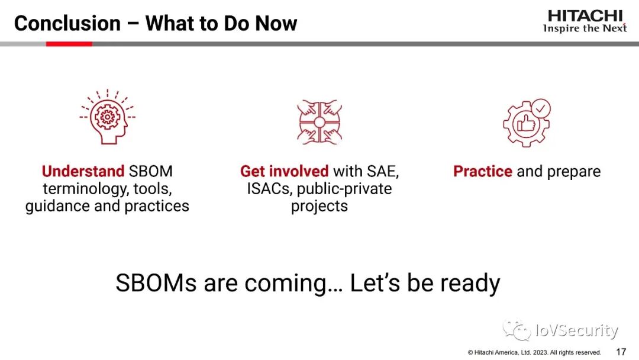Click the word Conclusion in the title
[x=67, y=23]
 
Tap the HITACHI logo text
[x=585, y=16]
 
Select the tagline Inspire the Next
[x=585, y=28]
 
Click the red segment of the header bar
[x=69, y=44]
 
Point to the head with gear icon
[x=108, y=117]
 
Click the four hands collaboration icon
[x=319, y=122]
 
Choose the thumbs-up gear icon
[x=527, y=123]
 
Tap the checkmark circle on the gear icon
[x=541, y=108]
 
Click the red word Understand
[x=83, y=171]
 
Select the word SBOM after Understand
[x=150, y=171]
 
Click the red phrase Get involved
[x=284, y=171]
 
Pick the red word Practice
[x=483, y=171]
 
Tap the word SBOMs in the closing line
[x=156, y=282]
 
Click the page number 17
[x=621, y=352]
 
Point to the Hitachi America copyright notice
[x=534, y=352]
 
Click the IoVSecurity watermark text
[x=577, y=330]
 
